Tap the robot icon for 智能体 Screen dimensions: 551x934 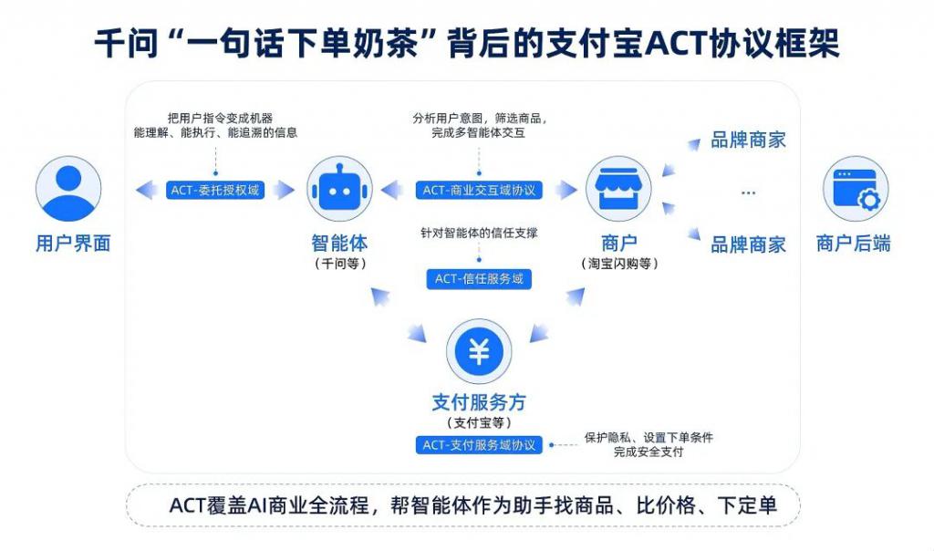pos(338,189)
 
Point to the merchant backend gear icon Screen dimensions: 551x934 pos(855,189)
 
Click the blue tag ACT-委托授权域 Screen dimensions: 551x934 pos(216,191)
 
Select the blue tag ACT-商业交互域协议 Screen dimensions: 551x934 pos(479,191)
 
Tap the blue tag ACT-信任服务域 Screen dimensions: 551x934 pos(479,279)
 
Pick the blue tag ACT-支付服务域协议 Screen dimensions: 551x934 pos(479,445)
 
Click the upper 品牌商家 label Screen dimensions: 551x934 pos(748,140)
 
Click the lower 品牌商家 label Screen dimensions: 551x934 pos(748,244)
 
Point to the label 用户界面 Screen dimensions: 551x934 pos(73,244)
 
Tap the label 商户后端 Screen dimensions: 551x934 pos(854,244)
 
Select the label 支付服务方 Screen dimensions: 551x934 pos(479,402)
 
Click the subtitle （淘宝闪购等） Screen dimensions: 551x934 pos(619,264)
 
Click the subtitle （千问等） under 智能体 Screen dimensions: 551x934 pos(339,264)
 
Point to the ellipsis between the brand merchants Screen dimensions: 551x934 pos(748,192)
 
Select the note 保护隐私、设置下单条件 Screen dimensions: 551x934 pos(649,437)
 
